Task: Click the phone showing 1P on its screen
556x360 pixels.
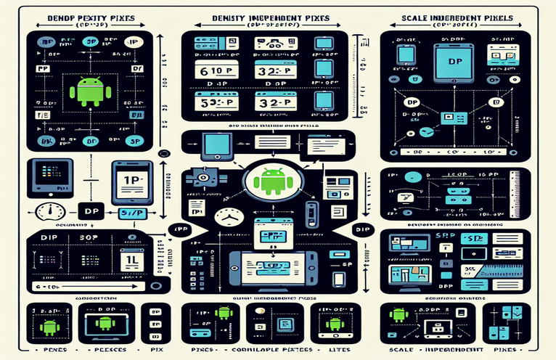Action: (131, 179)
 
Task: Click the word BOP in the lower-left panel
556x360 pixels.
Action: (85, 237)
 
